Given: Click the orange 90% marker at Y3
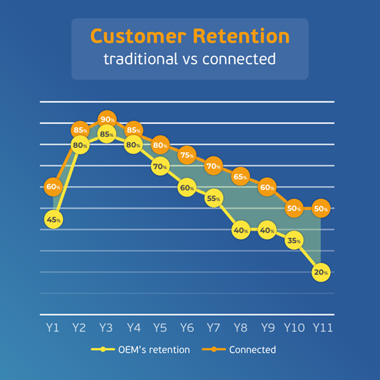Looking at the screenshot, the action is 107,119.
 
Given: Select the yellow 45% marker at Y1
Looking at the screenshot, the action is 53,219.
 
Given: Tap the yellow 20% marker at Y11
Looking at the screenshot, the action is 321,273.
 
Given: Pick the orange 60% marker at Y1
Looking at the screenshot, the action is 53,187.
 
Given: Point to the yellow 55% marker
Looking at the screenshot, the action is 214,199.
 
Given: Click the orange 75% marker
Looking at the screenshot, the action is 187,155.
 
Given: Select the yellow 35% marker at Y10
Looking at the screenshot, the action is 294,240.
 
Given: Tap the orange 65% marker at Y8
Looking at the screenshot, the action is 240,177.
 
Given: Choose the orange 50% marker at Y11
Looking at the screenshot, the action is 321,208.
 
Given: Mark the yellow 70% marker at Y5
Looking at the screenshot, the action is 160,166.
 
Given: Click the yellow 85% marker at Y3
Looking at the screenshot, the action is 107,134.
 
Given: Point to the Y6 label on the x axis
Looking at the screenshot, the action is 187,328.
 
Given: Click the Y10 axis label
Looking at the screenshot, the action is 294,328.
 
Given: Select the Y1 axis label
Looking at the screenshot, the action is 53,328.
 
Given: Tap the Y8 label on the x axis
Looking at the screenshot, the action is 240,328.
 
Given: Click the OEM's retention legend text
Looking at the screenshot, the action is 154,350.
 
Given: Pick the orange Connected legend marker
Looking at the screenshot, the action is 214,349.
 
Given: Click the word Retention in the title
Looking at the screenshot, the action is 241,36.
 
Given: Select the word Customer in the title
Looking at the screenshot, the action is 138,36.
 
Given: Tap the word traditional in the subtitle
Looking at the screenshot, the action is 140,59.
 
